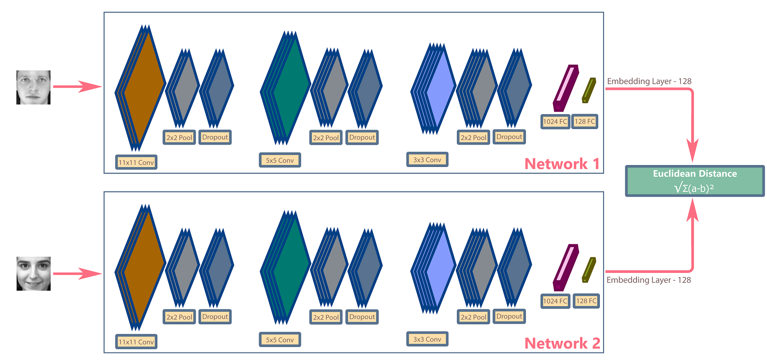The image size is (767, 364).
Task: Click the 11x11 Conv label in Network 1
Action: coord(136,162)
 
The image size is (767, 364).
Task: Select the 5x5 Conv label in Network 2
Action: coord(280,339)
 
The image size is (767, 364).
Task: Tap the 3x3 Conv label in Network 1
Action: coord(427,160)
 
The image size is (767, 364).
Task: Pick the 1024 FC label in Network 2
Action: coord(555,301)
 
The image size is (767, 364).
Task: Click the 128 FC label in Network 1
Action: coord(585,122)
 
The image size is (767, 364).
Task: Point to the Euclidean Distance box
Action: coord(694,181)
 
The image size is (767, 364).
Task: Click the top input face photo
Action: coord(33,87)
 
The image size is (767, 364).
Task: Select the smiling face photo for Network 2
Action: coord(33,274)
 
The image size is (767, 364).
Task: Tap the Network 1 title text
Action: coord(562,164)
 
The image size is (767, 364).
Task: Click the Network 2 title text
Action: coord(562,343)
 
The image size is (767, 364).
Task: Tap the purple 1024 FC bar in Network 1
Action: coord(566,88)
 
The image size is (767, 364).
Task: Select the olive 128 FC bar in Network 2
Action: coord(589,270)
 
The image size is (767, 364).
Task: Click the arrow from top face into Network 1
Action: coord(77,86)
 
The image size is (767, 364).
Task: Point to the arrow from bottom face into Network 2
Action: coord(77,273)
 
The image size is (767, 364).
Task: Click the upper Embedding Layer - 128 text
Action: coord(649,81)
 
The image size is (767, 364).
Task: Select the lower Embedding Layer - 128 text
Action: coord(649,280)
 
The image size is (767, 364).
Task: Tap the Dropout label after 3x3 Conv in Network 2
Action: coord(509,316)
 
